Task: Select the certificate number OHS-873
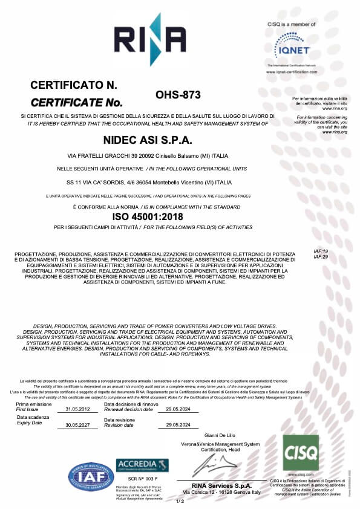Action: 178,95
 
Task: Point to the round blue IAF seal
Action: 90,476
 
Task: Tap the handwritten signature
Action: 214,465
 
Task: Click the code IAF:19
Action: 321,251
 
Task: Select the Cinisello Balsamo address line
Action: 148,156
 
